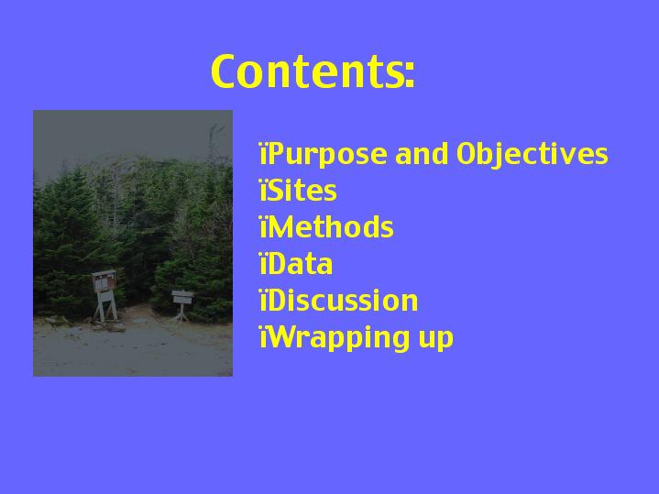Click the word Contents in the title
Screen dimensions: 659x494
click(x=308, y=71)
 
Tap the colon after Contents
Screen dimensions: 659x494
click(x=410, y=75)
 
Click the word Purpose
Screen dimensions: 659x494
click(x=326, y=155)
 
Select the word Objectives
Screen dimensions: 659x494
click(x=533, y=154)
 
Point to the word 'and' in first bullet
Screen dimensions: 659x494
click(x=422, y=153)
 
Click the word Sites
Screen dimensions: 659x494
click(x=302, y=191)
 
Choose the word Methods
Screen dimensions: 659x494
click(x=330, y=227)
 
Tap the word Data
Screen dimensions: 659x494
click(x=299, y=264)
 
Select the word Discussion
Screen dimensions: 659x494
click(x=342, y=301)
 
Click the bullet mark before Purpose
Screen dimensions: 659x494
click(x=264, y=154)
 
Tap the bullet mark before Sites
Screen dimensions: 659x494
click(x=264, y=191)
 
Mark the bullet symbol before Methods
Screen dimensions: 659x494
click(x=264, y=227)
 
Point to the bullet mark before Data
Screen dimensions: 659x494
click(x=264, y=265)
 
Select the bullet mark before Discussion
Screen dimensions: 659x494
click(x=264, y=301)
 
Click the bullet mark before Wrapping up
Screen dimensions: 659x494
click(x=264, y=338)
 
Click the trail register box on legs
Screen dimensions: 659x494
click(x=104, y=295)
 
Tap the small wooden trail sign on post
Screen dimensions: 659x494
click(x=182, y=303)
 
